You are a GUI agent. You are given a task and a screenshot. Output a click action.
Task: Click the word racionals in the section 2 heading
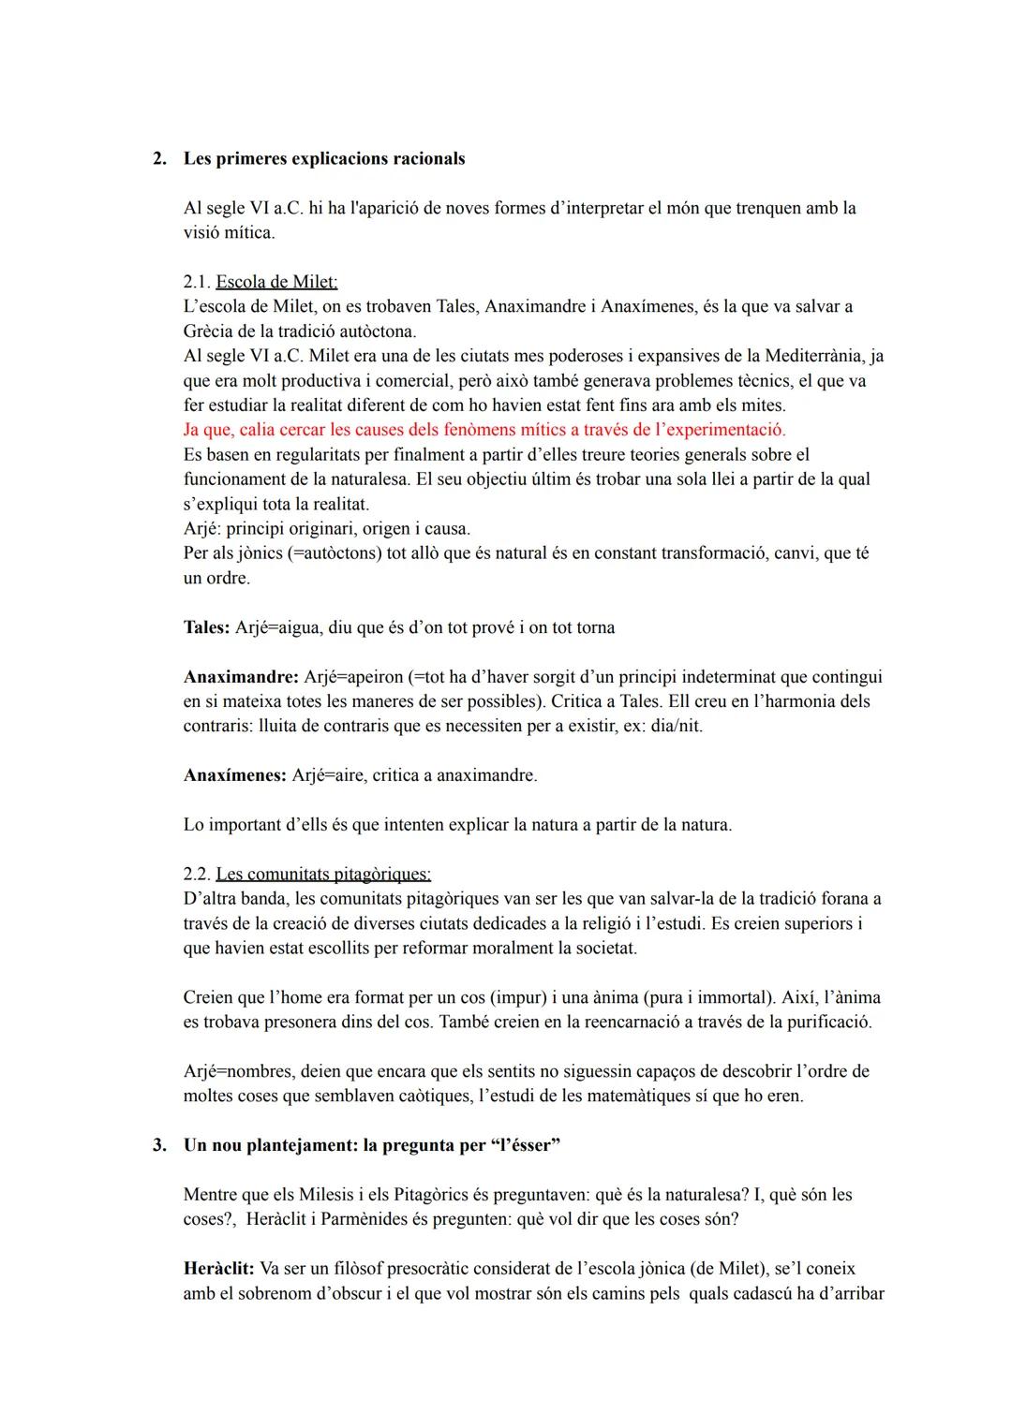pyautogui.click(x=428, y=158)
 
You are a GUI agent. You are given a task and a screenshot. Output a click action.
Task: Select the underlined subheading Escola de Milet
pyautogui.click(x=276, y=282)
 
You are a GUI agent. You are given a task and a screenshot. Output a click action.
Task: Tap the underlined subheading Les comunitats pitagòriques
pyautogui.click(x=323, y=874)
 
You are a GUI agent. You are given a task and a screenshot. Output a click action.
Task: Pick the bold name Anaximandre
pyautogui.click(x=241, y=676)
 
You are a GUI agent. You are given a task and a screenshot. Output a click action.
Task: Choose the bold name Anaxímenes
pyautogui.click(x=234, y=775)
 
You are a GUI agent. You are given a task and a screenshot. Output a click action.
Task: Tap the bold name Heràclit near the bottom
pyautogui.click(x=218, y=1269)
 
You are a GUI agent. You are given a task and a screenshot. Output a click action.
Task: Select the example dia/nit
pyautogui.click(x=676, y=726)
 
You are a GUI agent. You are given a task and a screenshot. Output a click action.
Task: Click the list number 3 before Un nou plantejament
pyautogui.click(x=159, y=1145)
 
